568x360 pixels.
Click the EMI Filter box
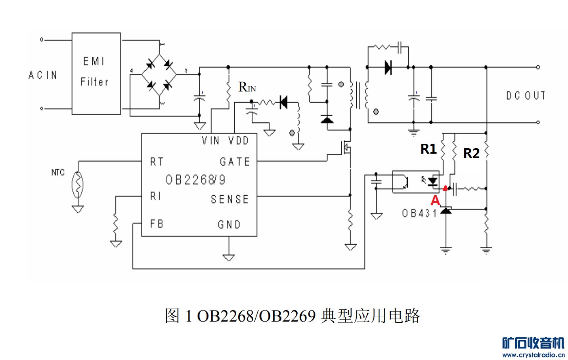pos(96,74)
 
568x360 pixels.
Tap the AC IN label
pos(43,75)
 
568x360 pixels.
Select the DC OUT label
pos(526,96)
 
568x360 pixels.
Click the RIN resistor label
pos(247,87)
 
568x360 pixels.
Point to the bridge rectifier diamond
pos(159,74)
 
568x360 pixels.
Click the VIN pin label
pos(210,141)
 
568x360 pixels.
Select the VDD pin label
pos(238,141)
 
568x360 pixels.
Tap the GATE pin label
pos(235,162)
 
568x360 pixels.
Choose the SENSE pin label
pos(230,199)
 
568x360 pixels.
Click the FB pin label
pos(157,224)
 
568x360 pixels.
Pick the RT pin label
pos(157,162)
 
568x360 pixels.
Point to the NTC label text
pos(58,172)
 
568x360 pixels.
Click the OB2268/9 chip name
pos(195,180)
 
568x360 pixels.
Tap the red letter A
pos(435,200)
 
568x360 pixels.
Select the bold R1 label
pos(428,149)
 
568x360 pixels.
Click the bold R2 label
pos(471,153)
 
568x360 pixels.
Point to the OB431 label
pos(419,213)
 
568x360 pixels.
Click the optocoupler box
pos(415,182)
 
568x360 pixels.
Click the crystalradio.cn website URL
pos(534,355)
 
